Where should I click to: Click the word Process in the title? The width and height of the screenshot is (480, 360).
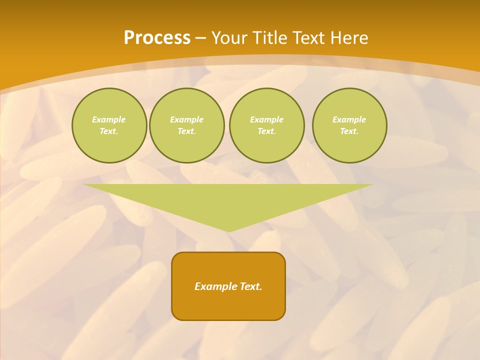tap(157, 38)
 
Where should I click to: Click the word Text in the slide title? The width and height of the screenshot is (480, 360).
tap(307, 38)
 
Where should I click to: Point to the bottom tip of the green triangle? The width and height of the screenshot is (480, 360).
tap(229, 230)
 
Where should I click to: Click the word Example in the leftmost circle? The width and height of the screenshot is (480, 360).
tap(109, 120)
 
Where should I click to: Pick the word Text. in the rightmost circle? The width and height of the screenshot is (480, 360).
tap(349, 131)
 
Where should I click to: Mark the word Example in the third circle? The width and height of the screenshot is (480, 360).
tap(267, 120)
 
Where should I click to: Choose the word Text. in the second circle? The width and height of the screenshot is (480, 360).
tap(187, 131)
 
